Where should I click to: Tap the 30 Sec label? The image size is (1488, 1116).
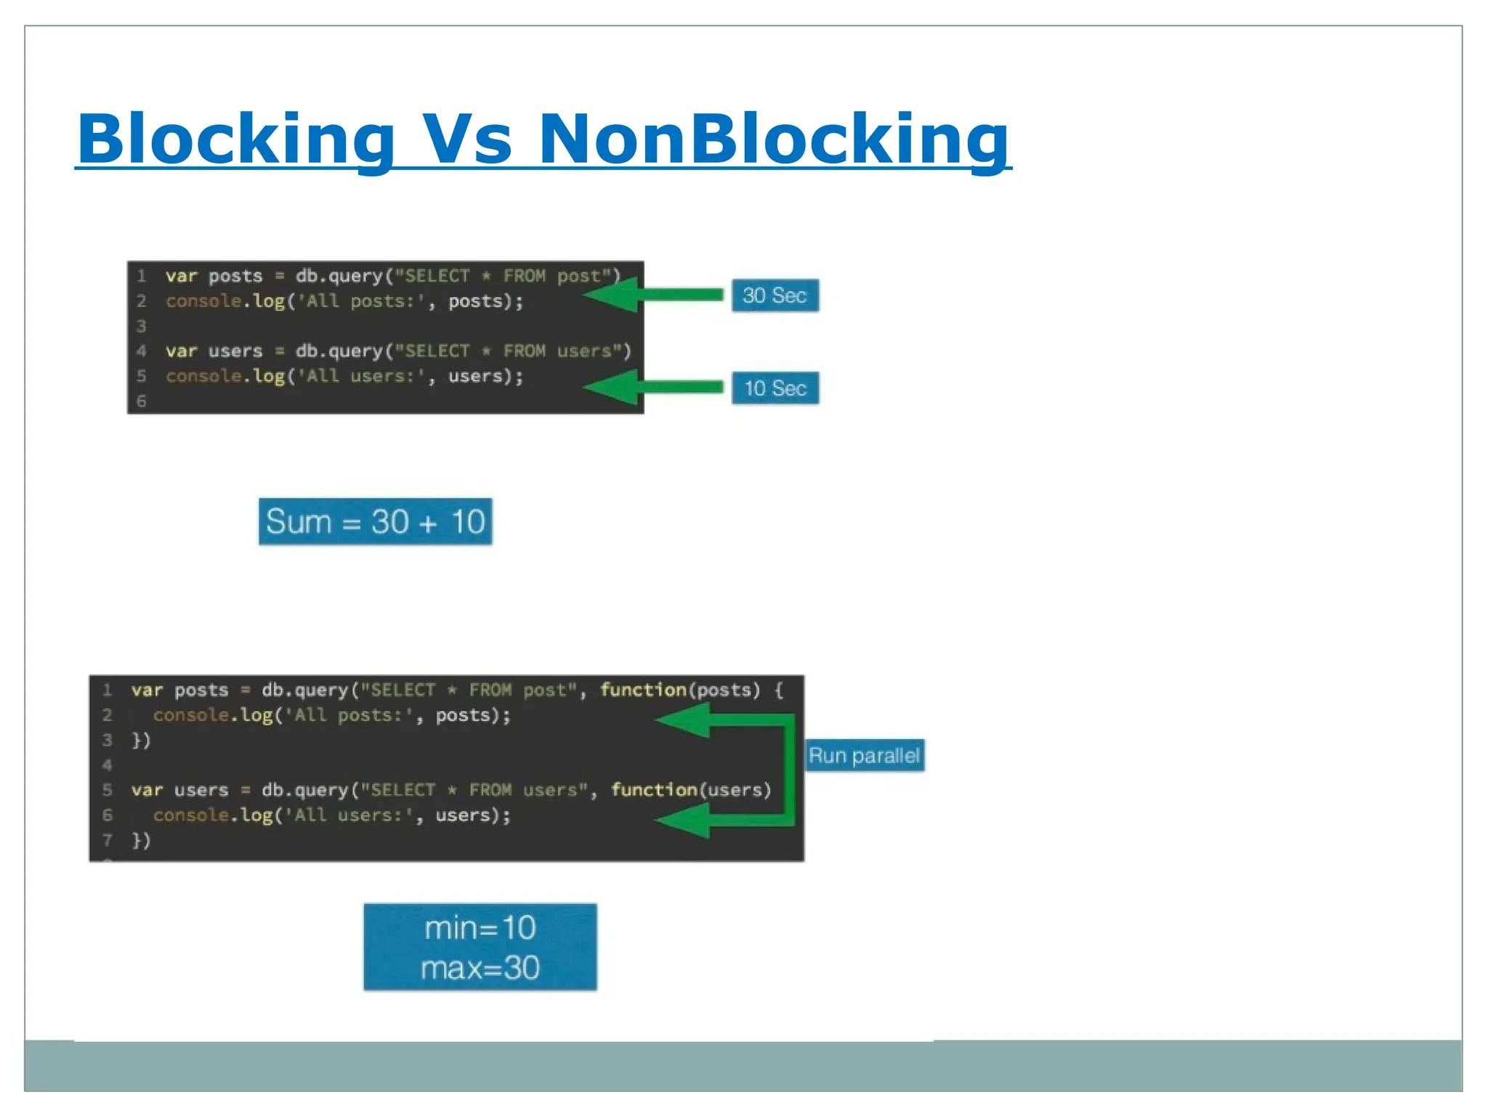775,296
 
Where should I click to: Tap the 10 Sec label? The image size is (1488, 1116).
775,388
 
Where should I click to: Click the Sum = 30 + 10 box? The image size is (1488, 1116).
375,522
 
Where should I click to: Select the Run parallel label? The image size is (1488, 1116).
864,756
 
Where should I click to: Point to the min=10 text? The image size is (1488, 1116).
480,928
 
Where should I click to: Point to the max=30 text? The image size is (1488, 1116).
480,968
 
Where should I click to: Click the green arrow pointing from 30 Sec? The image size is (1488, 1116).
654,295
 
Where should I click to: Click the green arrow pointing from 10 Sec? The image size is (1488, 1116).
654,387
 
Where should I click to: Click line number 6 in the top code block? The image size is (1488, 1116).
142,401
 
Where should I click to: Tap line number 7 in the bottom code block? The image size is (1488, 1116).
108,841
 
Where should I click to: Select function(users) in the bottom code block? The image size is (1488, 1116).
690,790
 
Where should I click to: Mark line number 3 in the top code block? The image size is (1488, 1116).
142,326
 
